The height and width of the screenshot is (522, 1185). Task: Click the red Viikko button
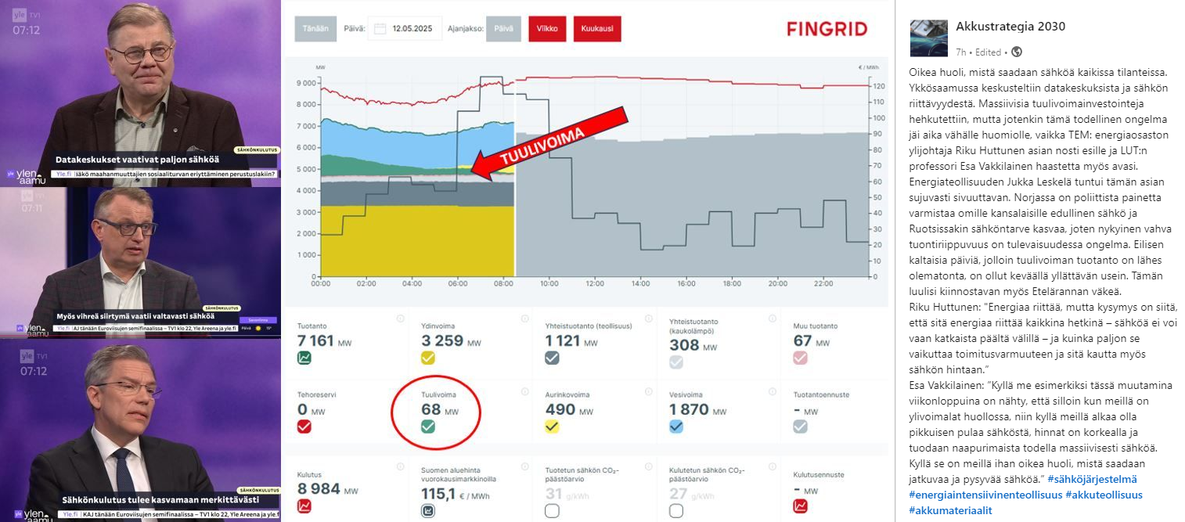[546, 29]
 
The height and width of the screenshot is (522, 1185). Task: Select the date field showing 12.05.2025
[405, 29]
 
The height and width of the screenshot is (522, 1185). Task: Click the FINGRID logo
[827, 30]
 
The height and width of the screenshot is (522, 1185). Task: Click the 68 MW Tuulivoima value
[431, 409]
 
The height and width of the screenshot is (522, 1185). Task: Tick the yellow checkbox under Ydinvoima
[427, 358]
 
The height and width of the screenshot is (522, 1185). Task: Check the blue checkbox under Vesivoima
[676, 427]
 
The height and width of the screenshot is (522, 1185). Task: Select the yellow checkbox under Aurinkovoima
[552, 427]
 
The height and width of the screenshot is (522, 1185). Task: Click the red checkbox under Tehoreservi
[304, 427]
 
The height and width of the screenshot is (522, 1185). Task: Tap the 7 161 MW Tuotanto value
[315, 340]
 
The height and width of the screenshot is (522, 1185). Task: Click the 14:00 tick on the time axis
[640, 283]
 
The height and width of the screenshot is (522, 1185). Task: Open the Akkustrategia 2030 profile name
[1010, 27]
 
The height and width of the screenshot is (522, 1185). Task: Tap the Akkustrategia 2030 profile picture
[929, 38]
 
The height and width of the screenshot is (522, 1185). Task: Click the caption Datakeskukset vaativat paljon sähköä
[136, 159]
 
